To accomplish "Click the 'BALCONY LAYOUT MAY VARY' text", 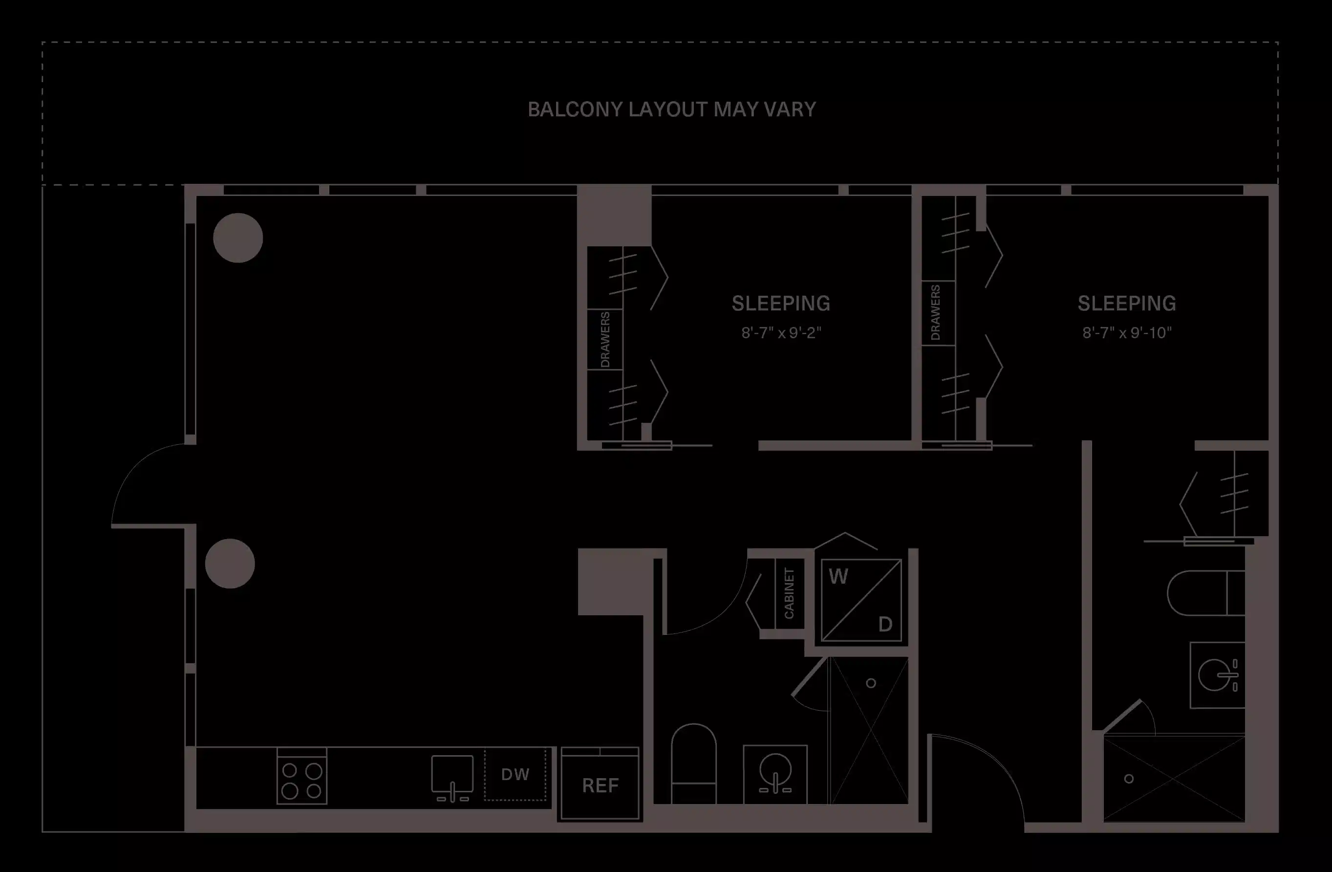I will (x=671, y=109).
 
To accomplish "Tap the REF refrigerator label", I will (x=600, y=786).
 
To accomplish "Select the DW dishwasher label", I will (x=515, y=775).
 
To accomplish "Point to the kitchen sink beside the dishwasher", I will (x=452, y=776).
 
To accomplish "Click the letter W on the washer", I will (x=838, y=576).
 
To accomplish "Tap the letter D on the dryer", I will (x=885, y=624).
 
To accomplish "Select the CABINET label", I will (x=789, y=593).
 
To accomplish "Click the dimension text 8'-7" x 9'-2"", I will (x=781, y=333).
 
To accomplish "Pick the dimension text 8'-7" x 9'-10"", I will (x=1127, y=333).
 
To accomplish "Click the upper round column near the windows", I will (x=238, y=238).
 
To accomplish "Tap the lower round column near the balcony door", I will (x=230, y=564).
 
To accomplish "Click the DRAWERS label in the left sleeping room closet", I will (x=605, y=340).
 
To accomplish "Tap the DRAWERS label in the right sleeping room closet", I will (x=936, y=312).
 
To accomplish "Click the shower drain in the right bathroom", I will (x=1129, y=779).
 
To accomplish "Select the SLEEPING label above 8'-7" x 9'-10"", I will (x=1127, y=304).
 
